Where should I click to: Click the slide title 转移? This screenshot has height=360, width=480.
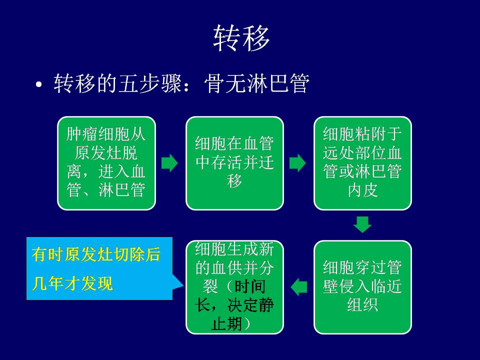coord(241,38)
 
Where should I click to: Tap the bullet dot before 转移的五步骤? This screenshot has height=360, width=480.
coord(38,84)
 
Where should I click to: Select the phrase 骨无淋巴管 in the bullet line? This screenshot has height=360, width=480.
coord(256,83)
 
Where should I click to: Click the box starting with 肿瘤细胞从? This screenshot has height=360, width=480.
coord(106,163)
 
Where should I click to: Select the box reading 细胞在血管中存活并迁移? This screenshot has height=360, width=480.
coord(235,163)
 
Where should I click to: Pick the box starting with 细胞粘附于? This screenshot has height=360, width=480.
coord(363,163)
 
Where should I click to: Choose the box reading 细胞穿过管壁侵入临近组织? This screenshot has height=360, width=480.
coord(363,287)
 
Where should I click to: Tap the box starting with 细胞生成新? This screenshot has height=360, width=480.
coord(235,287)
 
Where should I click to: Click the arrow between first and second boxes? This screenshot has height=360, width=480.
coord(169,163)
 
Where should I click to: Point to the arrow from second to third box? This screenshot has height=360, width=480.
coord(297,163)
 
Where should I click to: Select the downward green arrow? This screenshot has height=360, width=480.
coord(362,224)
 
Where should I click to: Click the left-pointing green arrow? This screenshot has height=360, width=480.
coord(299,287)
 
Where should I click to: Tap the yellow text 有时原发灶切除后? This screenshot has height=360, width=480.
coord(96,254)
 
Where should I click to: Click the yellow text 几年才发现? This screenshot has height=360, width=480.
coord(72,283)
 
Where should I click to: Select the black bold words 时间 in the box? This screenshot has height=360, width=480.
coord(250,286)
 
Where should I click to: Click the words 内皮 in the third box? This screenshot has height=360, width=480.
coord(363,190)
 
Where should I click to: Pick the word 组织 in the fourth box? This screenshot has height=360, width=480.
coord(363,305)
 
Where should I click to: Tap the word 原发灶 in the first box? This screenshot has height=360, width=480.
coord(98,153)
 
